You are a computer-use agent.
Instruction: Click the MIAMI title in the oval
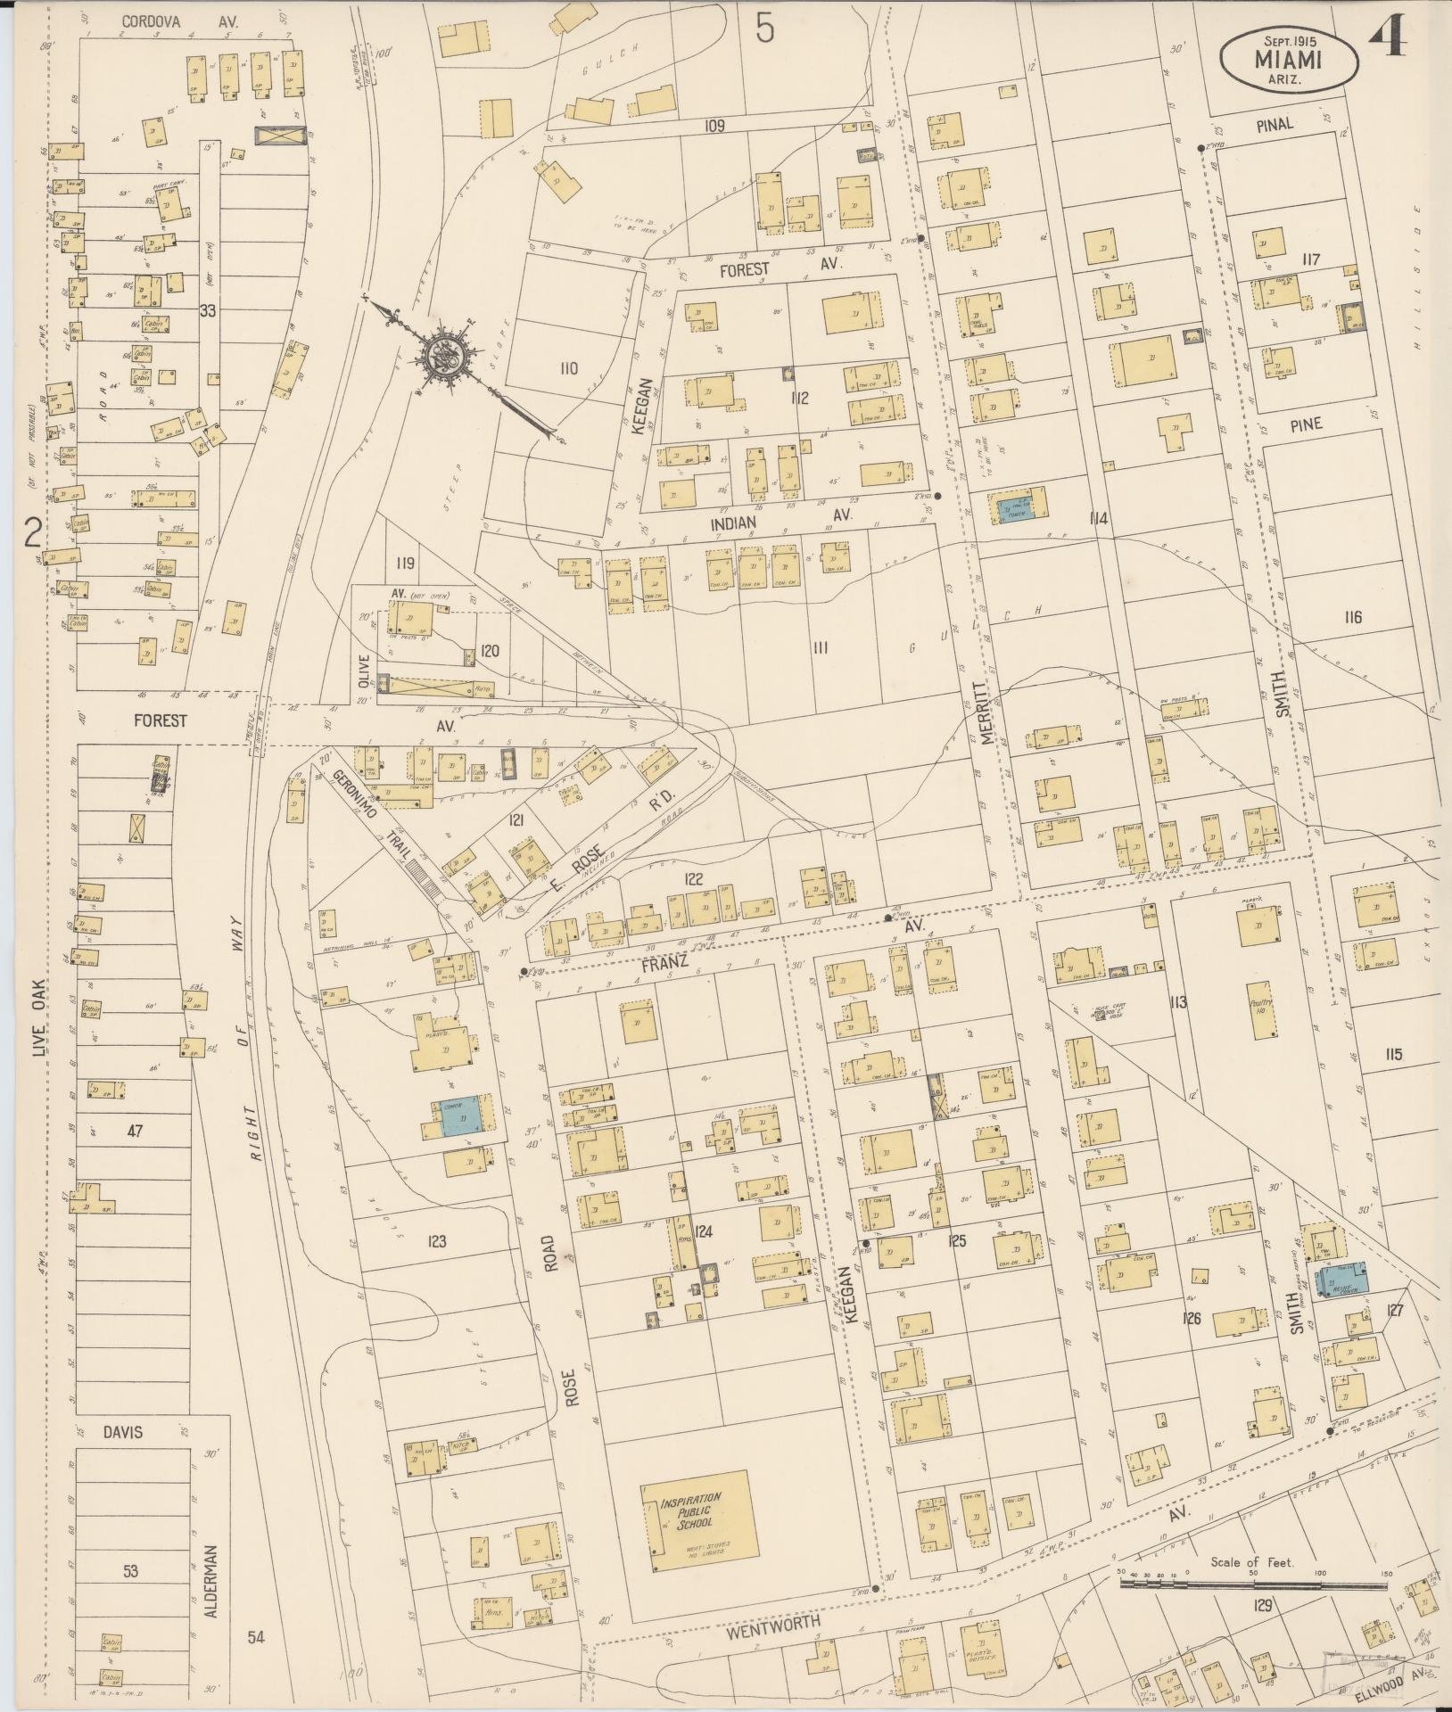[x=1289, y=60]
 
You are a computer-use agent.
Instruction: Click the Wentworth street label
[x=772, y=1625]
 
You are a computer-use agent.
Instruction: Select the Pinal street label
[x=1275, y=125]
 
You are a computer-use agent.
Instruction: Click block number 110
[x=570, y=368]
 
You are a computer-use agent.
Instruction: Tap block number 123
[x=436, y=1240]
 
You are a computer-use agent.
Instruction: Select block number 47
[x=135, y=1131]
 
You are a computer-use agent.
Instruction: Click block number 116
[x=1353, y=617]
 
